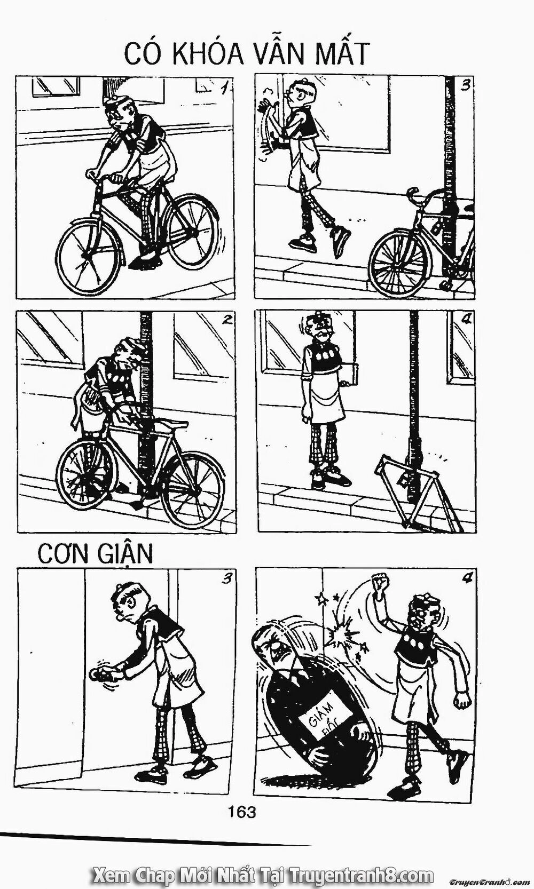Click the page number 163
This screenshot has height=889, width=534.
pos(242,811)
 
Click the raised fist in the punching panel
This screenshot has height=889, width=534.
pos(380,583)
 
